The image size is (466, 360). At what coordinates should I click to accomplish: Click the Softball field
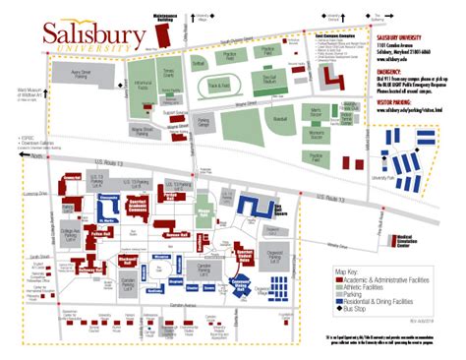[197, 69]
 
